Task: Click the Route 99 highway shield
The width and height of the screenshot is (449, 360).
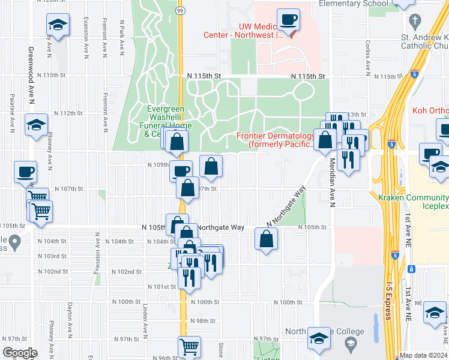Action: (180, 11)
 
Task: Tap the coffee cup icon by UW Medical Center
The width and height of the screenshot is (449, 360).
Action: (288, 19)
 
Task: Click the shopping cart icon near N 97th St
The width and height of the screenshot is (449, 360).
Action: (189, 347)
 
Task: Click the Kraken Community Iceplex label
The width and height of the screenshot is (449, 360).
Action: (414, 202)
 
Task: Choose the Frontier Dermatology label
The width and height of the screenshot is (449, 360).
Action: (276, 140)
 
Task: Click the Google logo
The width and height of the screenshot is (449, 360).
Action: (20, 353)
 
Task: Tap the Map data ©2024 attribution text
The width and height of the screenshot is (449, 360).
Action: (423, 355)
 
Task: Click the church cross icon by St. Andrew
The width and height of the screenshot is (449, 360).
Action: (414, 22)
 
